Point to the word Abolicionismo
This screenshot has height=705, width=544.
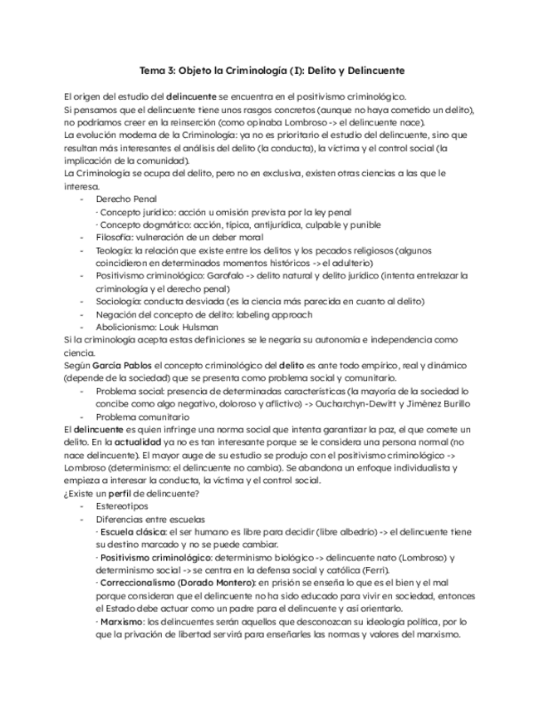coord(125,328)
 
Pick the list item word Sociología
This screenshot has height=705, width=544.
coord(117,301)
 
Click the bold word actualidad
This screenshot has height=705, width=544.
coord(145,442)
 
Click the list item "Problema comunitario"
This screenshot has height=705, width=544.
coord(142,417)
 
